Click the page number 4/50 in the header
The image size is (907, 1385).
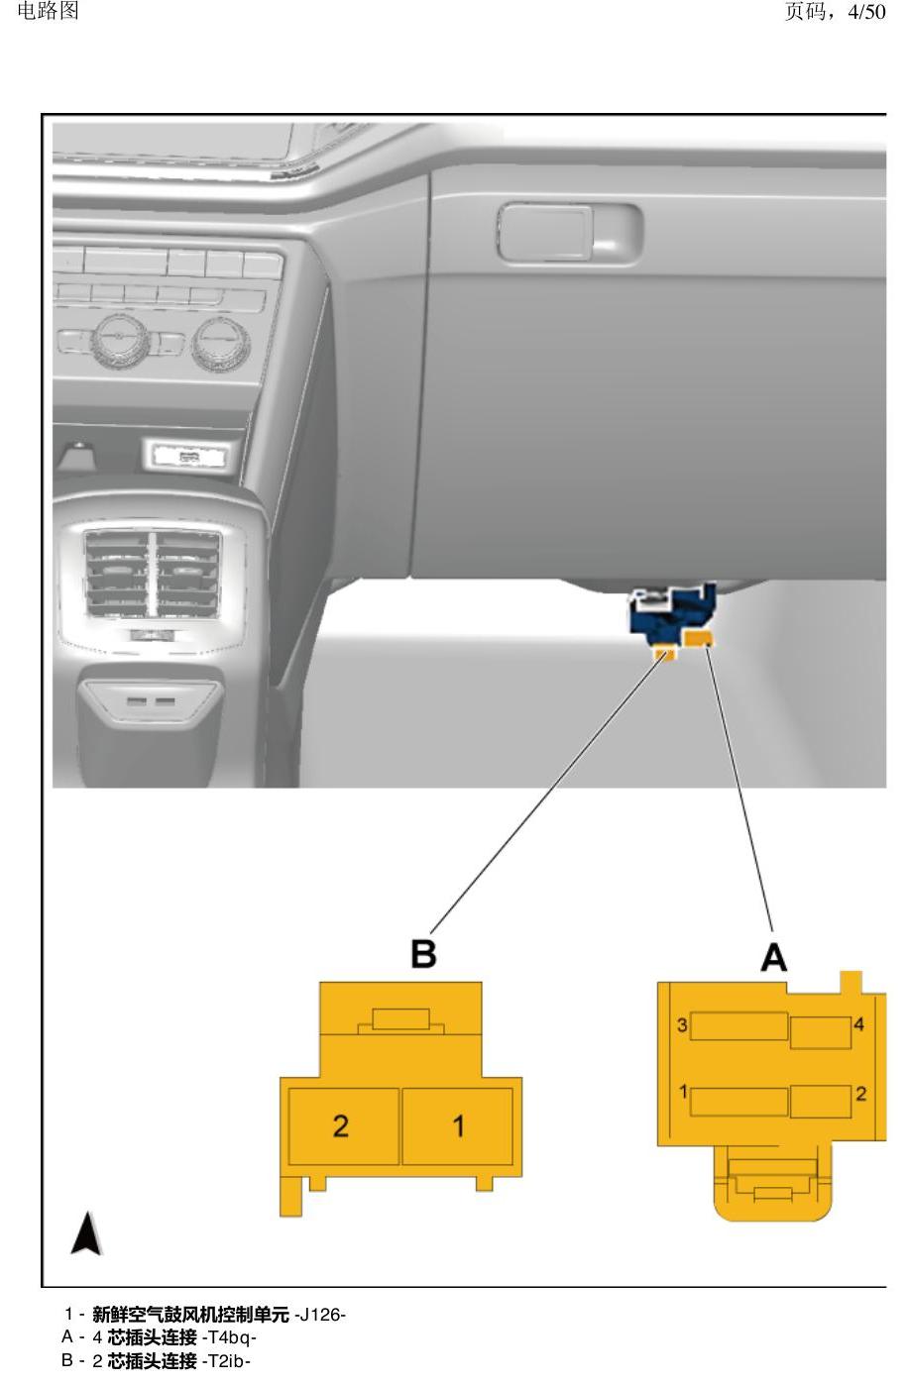(x=866, y=12)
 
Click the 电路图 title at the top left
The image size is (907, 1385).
(x=48, y=11)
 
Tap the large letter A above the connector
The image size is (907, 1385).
(x=773, y=958)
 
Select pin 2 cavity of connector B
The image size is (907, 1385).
(x=343, y=1125)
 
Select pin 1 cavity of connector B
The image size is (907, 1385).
(x=457, y=1125)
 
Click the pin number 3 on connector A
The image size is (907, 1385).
(x=682, y=1025)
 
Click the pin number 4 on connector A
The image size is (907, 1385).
(x=858, y=1024)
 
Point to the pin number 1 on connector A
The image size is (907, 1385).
(x=684, y=1093)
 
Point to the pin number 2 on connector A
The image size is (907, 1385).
(x=860, y=1094)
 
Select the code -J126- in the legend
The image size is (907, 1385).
(x=320, y=1314)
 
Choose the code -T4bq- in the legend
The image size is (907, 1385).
(x=229, y=1337)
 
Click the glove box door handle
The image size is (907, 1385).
(x=569, y=233)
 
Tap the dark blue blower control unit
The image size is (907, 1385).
(x=672, y=615)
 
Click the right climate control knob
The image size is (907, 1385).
(x=221, y=344)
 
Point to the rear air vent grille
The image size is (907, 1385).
(x=153, y=574)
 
